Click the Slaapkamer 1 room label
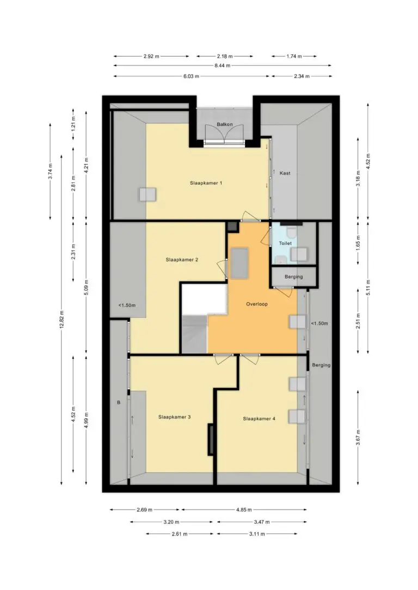(206, 183)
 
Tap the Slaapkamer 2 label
(182, 260)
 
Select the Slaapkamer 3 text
(175, 417)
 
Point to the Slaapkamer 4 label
(259, 418)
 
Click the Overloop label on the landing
(257, 304)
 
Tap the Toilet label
(285, 243)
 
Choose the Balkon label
(225, 124)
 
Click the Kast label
(285, 173)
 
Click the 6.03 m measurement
(191, 76)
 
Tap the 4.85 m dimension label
(244, 510)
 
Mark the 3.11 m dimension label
(257, 534)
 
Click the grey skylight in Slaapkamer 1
(148, 195)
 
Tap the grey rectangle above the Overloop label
(239, 263)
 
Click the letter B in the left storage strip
(119, 402)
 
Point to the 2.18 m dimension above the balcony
(225, 57)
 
